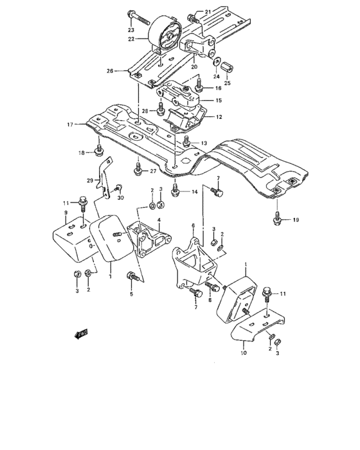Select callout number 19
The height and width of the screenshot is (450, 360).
click(x=296, y=220)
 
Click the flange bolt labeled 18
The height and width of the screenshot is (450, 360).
click(x=100, y=152)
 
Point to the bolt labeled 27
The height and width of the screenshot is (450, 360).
click(x=137, y=170)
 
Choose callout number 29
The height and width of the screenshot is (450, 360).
click(x=90, y=182)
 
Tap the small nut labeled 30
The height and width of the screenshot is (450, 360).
click(x=118, y=189)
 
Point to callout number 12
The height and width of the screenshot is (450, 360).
click(x=219, y=117)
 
